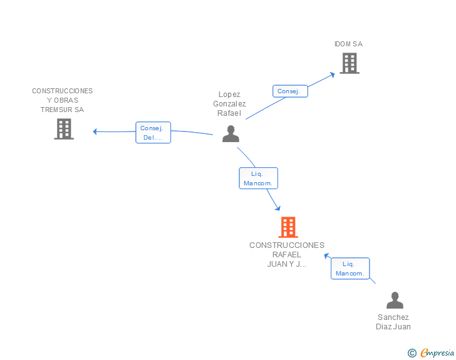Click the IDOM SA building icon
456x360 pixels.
[x=350, y=63]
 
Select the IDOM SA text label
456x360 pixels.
[x=348, y=44]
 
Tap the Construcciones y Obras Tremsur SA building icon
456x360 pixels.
[x=64, y=129]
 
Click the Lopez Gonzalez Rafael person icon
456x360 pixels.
[x=231, y=134]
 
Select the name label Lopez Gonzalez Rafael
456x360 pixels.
[x=229, y=104]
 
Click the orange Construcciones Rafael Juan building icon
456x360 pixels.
[x=288, y=227]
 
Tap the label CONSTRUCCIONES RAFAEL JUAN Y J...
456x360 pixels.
[x=287, y=254]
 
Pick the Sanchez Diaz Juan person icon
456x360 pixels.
[x=395, y=301]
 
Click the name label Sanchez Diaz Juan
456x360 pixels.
[x=393, y=322]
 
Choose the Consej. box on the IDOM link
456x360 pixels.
[x=289, y=91]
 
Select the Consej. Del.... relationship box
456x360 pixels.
[x=153, y=133]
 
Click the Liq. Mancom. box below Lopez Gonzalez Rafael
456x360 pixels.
[x=258, y=178]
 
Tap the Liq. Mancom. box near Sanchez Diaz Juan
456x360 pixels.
[x=350, y=269]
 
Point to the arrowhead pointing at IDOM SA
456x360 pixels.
[x=332, y=75]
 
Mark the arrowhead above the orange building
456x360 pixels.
[x=277, y=208]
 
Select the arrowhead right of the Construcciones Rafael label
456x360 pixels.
[x=326, y=255]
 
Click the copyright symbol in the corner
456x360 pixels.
[x=412, y=353]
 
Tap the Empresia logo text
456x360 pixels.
[x=437, y=353]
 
